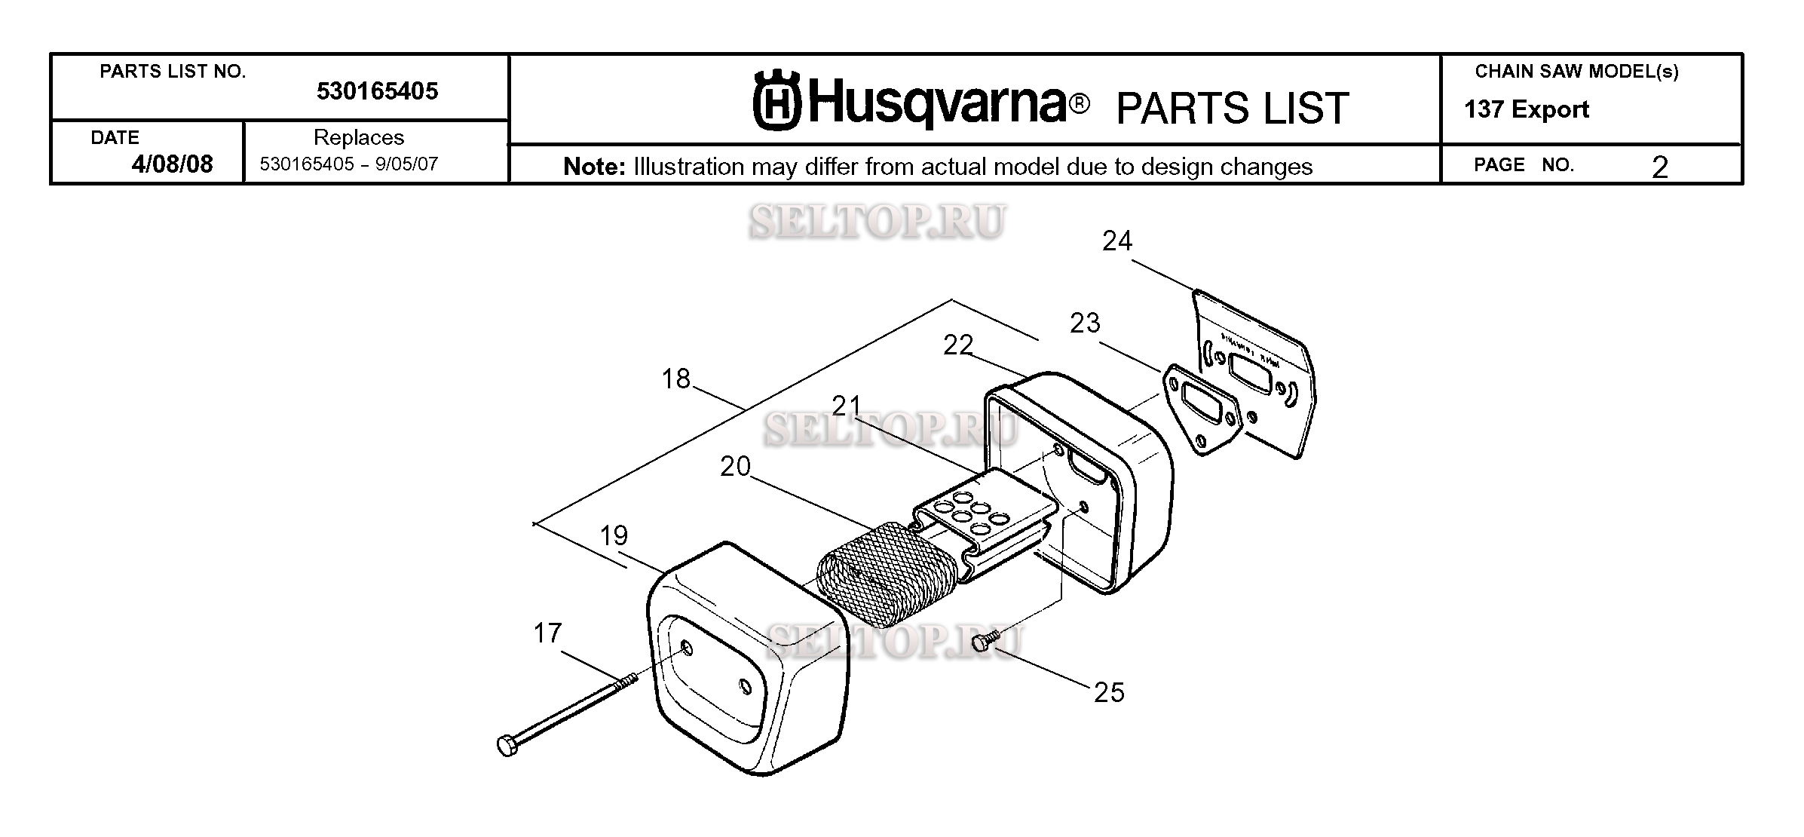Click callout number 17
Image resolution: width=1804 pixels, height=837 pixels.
[547, 633]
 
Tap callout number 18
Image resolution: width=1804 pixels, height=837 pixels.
[675, 379]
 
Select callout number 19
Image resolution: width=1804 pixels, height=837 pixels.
[614, 535]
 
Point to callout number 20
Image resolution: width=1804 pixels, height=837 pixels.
[735, 467]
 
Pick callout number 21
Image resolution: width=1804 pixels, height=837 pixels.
[847, 406]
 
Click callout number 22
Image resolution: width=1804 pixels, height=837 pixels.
[958, 345]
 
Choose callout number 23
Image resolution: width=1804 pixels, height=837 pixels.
[1085, 323]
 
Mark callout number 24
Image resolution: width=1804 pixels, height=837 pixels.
[1117, 241]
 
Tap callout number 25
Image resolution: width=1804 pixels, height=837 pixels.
[1109, 692]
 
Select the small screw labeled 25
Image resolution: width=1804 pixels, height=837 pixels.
[985, 641]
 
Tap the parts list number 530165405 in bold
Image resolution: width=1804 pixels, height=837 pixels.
[377, 91]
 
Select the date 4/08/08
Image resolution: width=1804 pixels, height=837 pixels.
[172, 164]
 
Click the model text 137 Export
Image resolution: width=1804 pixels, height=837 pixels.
[1527, 110]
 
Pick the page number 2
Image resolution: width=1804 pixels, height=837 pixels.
[1659, 167]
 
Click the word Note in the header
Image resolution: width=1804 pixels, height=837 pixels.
[595, 167]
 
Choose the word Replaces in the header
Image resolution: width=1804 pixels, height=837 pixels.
[359, 138]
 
